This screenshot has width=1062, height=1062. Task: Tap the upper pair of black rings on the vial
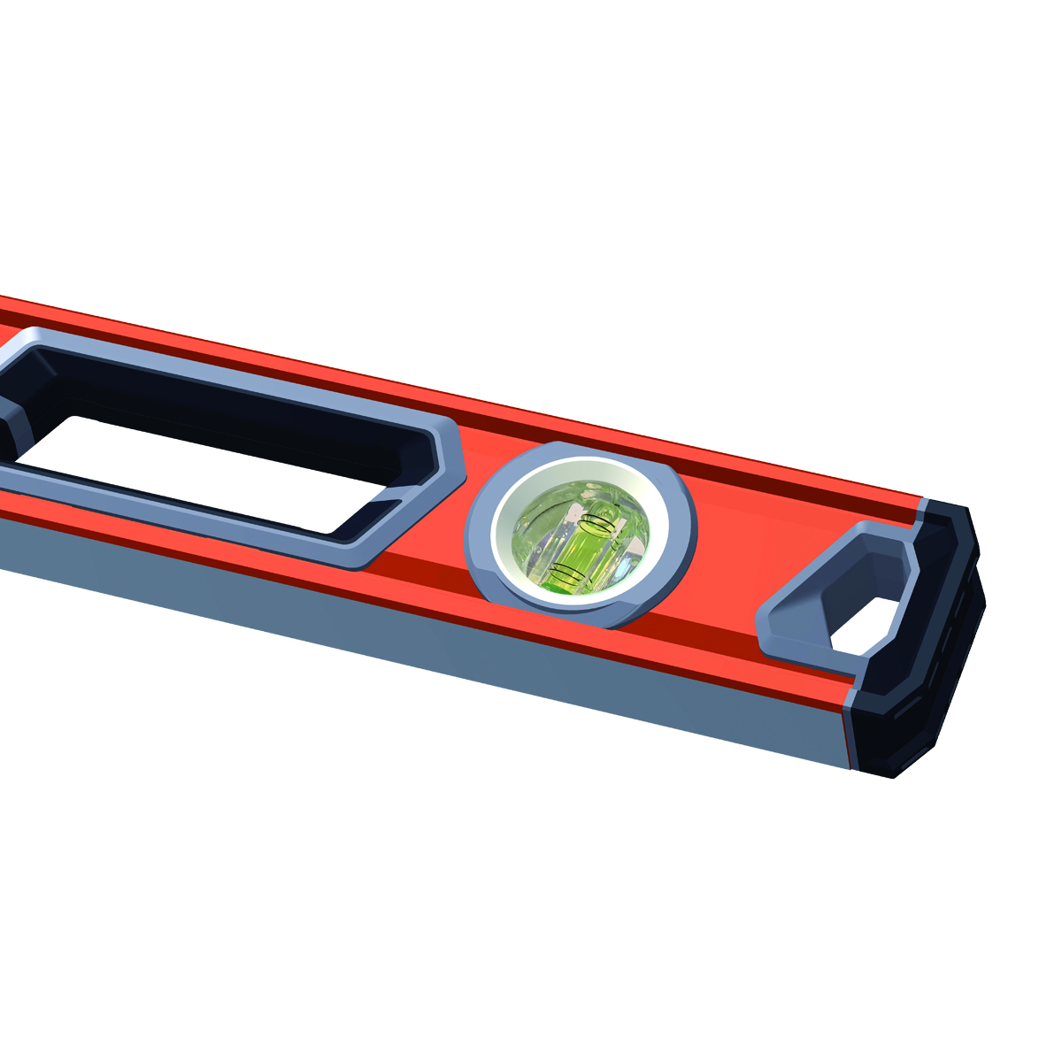tap(596, 523)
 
